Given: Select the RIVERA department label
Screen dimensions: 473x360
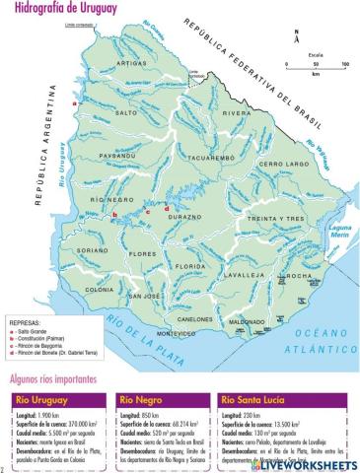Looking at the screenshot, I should point(236,113).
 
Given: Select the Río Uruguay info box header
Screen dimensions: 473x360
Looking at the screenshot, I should point(44,400).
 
